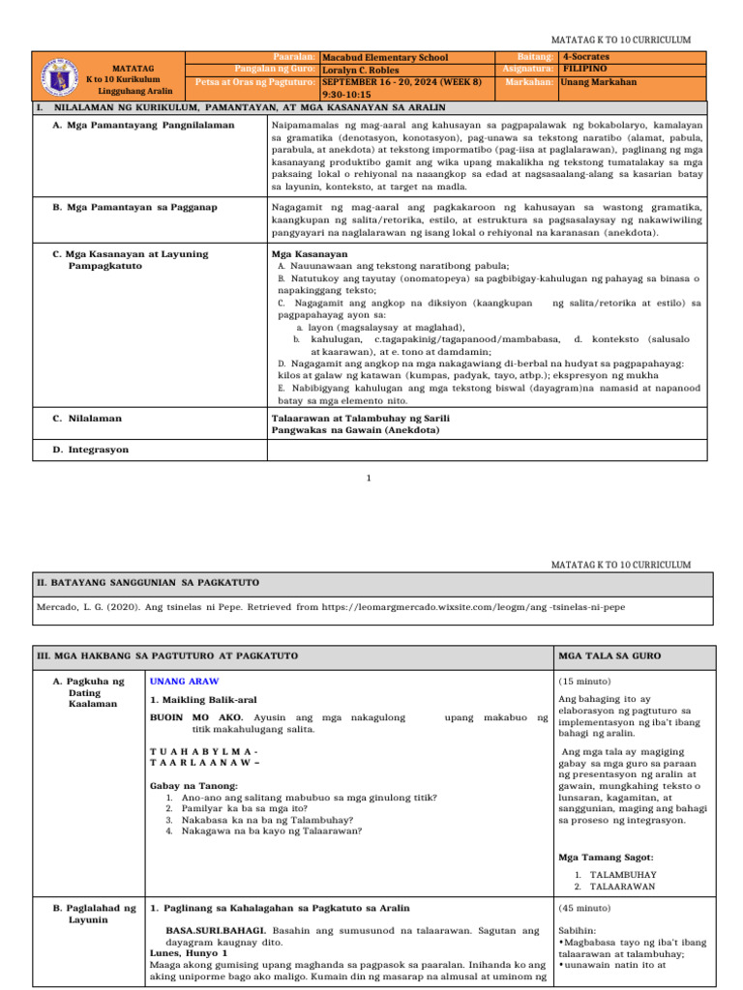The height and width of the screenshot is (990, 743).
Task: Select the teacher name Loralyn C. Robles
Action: click(364, 71)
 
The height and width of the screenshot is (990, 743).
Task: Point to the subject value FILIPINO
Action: click(585, 70)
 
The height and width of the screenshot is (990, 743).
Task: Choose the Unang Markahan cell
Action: click(599, 82)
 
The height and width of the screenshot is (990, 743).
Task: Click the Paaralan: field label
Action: click(294, 57)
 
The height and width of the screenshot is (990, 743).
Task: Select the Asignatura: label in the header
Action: click(528, 70)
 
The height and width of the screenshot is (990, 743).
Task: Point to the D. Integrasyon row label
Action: click(90, 450)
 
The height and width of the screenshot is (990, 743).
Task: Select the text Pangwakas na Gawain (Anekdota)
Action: click(356, 430)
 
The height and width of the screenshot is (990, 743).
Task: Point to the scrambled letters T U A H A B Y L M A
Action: click(204, 751)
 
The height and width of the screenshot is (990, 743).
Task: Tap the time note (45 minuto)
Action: click(585, 908)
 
